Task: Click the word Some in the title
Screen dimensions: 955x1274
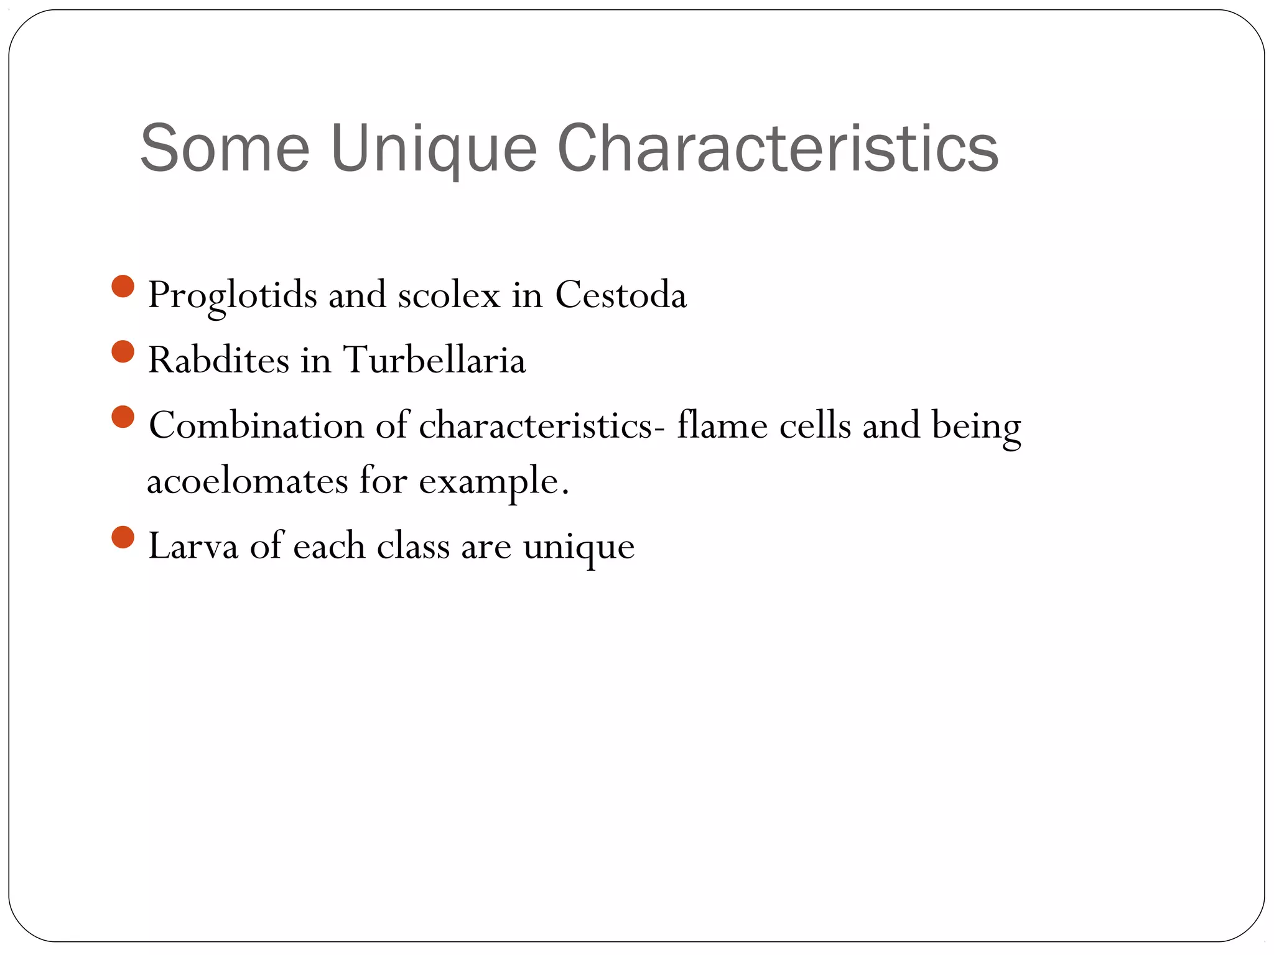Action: tap(225, 149)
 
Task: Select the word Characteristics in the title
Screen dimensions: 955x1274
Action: tap(778, 149)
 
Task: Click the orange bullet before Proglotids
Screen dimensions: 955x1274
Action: tap(123, 287)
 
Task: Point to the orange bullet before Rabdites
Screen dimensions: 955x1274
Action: tap(123, 352)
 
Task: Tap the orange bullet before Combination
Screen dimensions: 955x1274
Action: tap(123, 417)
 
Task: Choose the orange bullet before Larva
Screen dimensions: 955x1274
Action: tap(123, 537)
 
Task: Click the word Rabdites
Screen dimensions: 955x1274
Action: tap(218, 360)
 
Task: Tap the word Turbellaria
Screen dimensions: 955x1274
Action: tap(434, 360)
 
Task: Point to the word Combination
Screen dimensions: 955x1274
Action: tap(256, 426)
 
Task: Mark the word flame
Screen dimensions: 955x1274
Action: tap(722, 426)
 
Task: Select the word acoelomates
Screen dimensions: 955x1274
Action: tap(247, 481)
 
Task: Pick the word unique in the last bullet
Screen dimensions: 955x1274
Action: tap(579, 548)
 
